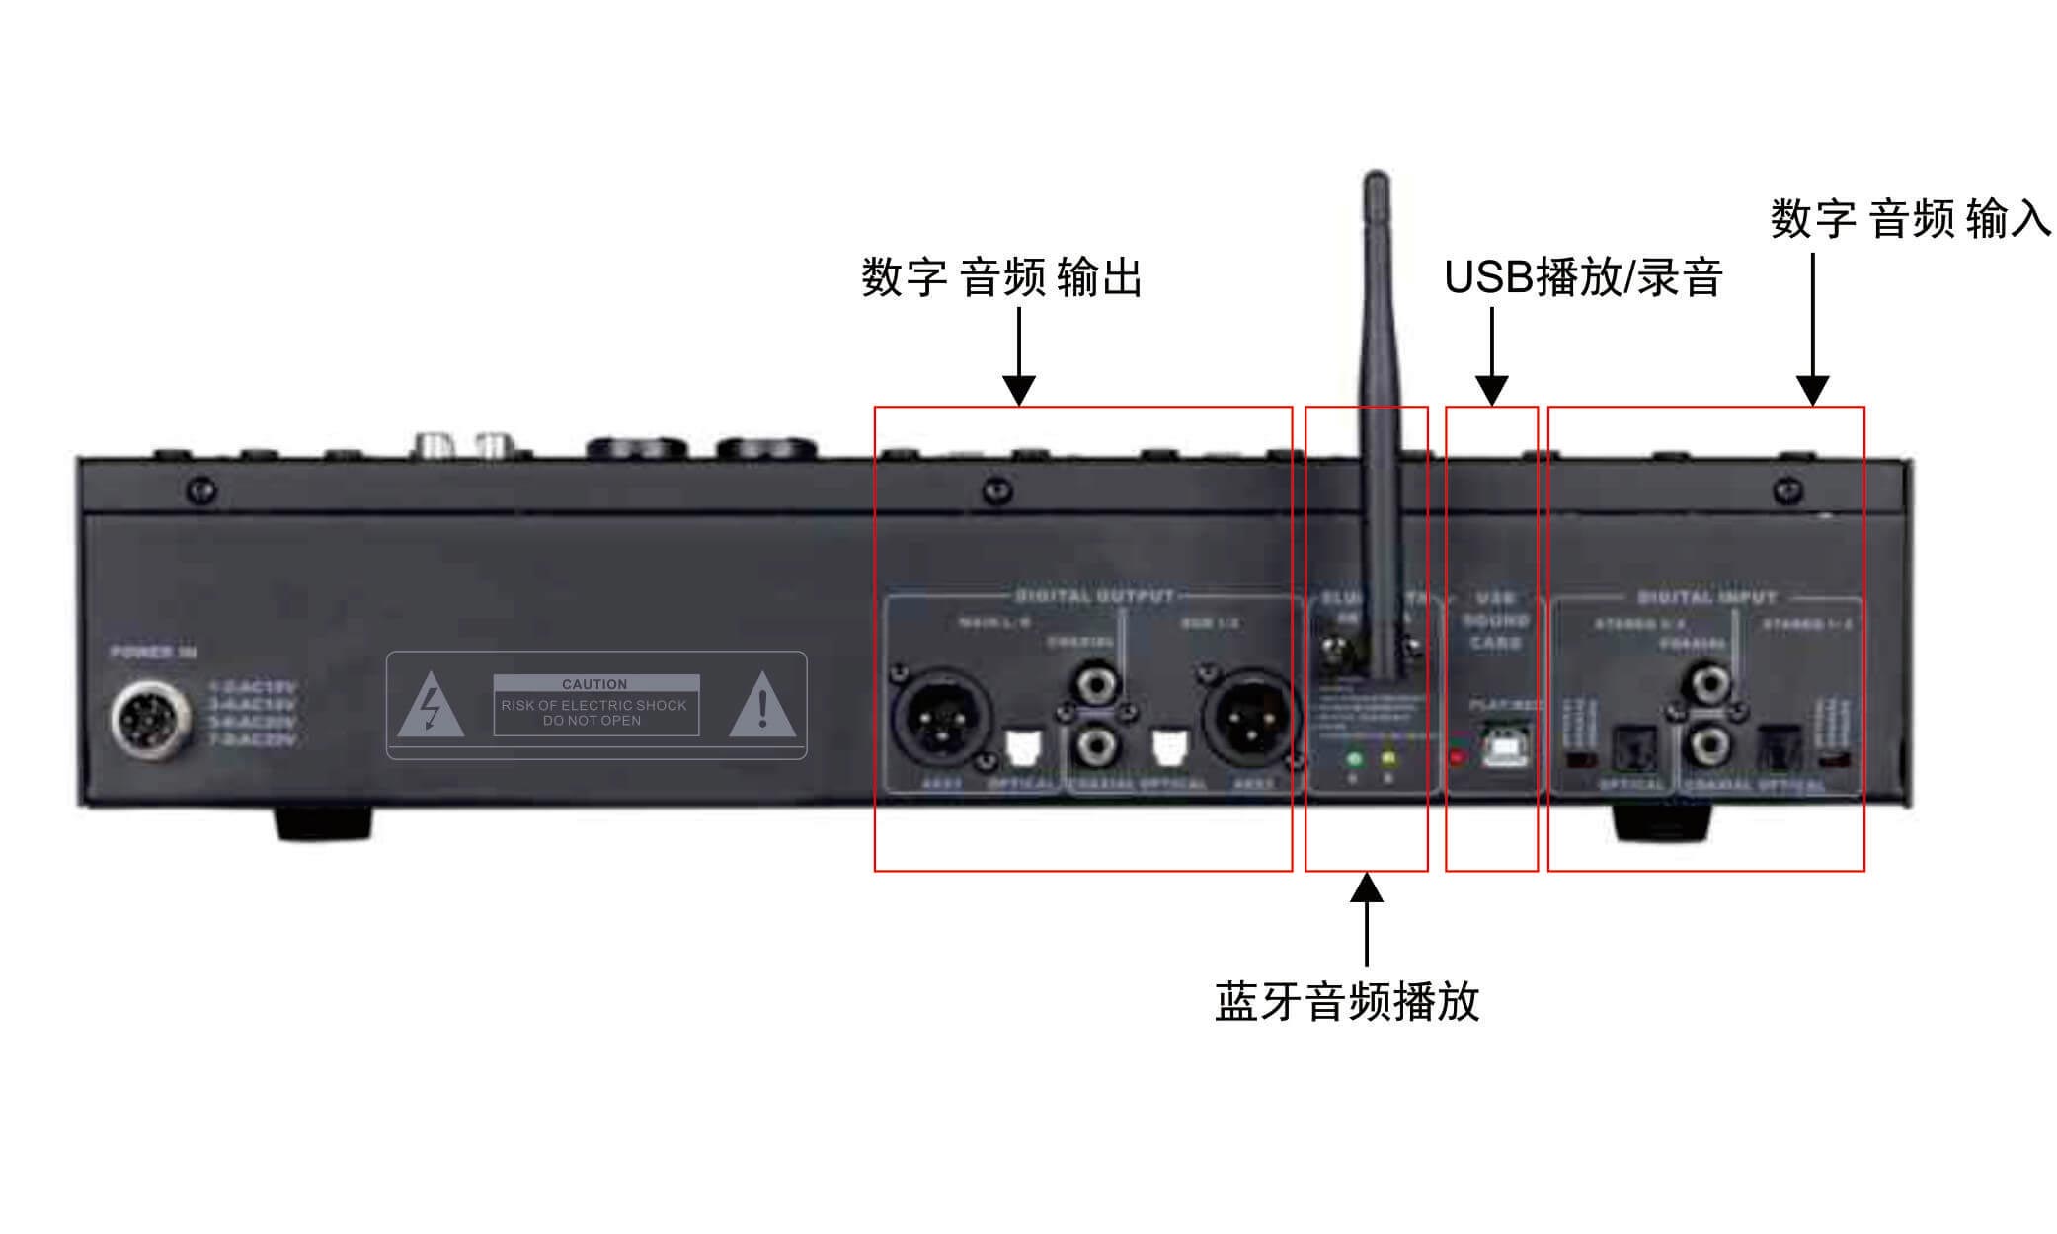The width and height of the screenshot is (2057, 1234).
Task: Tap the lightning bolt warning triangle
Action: (431, 707)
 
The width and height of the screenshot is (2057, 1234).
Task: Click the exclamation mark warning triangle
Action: (762, 707)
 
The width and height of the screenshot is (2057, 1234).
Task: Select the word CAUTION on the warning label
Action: (594, 684)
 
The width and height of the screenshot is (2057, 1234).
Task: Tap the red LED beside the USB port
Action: (1456, 757)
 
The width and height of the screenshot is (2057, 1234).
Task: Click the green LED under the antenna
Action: (1354, 759)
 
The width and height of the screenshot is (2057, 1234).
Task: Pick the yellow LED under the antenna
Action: (1389, 759)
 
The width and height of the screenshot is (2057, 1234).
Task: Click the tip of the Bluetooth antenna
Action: (1376, 180)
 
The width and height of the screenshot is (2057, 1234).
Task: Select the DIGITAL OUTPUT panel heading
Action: (1095, 596)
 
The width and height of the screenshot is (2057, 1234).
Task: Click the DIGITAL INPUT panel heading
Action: (1706, 597)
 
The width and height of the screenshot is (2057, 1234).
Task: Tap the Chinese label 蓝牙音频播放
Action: (1347, 1001)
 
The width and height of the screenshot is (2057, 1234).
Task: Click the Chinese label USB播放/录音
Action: (1583, 277)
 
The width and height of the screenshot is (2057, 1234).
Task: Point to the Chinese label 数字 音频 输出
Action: (1001, 277)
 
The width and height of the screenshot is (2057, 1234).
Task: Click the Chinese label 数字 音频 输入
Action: (1910, 218)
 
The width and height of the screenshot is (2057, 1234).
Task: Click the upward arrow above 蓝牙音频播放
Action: (1367, 918)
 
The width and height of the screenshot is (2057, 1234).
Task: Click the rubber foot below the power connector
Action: (323, 822)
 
